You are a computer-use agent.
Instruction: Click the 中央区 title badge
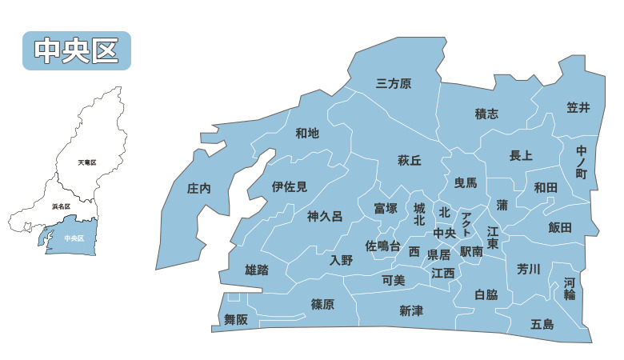click(x=77, y=50)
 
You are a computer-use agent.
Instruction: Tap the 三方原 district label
click(x=394, y=83)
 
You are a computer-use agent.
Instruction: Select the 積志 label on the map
click(x=486, y=114)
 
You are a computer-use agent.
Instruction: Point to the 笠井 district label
click(x=578, y=107)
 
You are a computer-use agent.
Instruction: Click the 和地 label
click(x=307, y=133)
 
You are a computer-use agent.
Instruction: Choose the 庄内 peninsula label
click(x=198, y=189)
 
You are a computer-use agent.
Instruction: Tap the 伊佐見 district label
click(x=290, y=187)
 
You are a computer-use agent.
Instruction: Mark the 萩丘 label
click(x=410, y=160)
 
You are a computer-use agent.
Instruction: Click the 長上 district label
click(x=521, y=155)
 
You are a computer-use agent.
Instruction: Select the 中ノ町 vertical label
click(x=582, y=161)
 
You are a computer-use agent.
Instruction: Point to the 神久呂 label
click(x=325, y=216)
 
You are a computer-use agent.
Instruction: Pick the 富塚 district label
click(x=386, y=208)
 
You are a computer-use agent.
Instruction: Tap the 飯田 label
click(x=560, y=227)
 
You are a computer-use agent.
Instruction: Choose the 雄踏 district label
click(x=256, y=270)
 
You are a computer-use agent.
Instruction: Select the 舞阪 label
click(x=236, y=319)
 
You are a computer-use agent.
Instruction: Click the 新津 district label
click(x=411, y=311)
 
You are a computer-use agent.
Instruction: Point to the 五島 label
click(x=542, y=324)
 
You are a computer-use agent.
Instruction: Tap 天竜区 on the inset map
click(x=87, y=162)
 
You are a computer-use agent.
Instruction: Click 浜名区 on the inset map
click(x=61, y=206)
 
